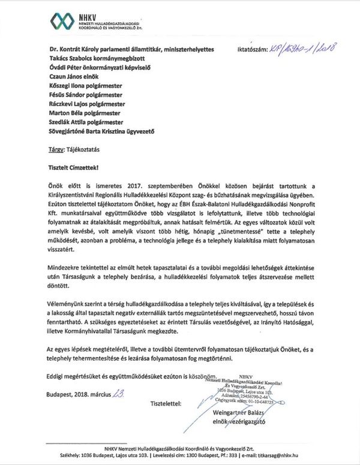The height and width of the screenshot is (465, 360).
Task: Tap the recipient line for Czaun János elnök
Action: pos(75,77)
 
